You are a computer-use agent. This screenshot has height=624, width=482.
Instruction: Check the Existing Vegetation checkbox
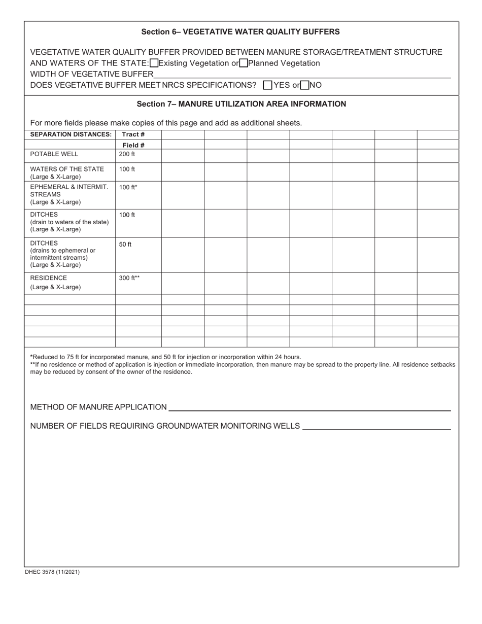[154, 63]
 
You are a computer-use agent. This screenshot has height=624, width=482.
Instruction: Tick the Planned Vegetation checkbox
[243, 63]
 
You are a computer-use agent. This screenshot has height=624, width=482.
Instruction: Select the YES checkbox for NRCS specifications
[268, 85]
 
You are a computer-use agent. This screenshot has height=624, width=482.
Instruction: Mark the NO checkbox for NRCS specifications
[304, 85]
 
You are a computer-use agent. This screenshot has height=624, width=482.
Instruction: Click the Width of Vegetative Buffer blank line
[302, 75]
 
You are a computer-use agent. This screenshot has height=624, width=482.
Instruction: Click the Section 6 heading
[240, 31]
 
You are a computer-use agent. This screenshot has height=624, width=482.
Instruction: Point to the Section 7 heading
[242, 104]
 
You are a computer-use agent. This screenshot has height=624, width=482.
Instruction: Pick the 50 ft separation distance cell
[125, 245]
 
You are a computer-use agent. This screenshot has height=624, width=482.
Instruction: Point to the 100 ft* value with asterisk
[128, 187]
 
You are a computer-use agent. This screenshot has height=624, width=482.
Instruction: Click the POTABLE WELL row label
[54, 154]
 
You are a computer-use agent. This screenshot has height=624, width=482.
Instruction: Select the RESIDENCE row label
[49, 278]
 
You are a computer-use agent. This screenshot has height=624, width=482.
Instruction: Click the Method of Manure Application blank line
[309, 407]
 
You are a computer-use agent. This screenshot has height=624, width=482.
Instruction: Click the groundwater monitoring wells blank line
[376, 426]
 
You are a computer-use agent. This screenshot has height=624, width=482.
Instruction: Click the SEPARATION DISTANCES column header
[71, 134]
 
